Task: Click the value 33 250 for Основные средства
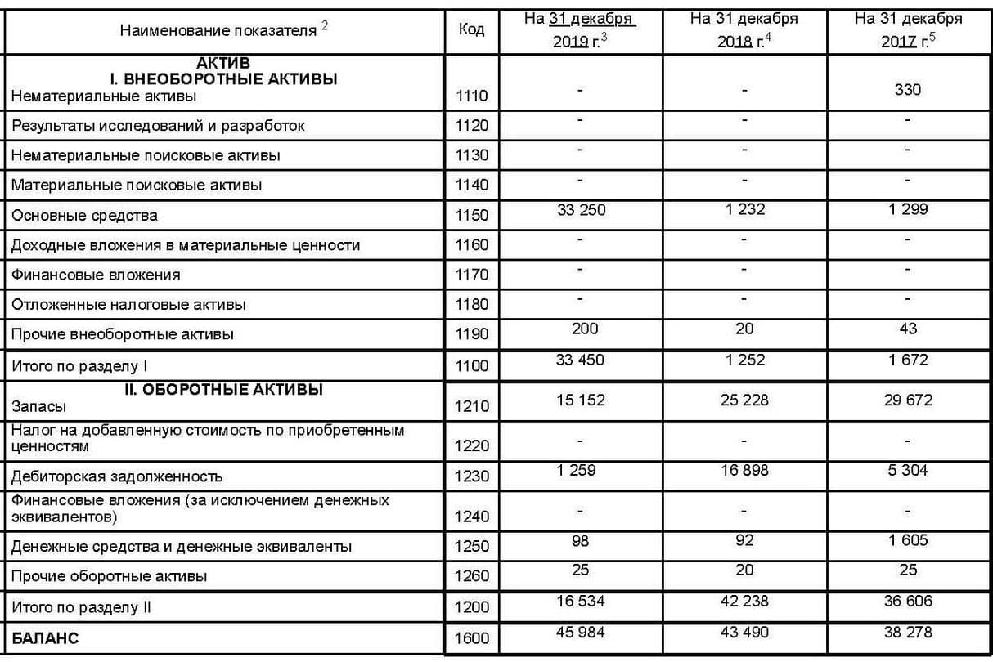click(x=581, y=210)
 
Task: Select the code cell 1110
click(x=471, y=96)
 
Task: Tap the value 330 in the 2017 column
click(x=908, y=89)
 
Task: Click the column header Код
click(x=471, y=29)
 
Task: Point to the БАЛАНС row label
click(x=45, y=638)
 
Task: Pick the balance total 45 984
click(x=581, y=633)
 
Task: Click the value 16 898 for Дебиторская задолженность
click(x=744, y=470)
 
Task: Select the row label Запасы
click(x=39, y=405)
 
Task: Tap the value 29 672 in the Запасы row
click(x=908, y=400)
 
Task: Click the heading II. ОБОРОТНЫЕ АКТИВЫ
click(x=223, y=390)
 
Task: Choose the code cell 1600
click(x=471, y=638)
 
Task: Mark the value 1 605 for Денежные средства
click(x=908, y=540)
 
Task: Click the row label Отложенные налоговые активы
click(x=128, y=305)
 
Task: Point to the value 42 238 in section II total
click(x=744, y=602)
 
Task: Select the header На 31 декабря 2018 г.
click(x=744, y=29)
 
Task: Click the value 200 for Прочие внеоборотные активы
click(x=581, y=329)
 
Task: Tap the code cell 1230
click(x=471, y=476)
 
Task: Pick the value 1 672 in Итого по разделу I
click(x=908, y=360)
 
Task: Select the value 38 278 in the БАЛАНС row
click(x=908, y=633)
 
